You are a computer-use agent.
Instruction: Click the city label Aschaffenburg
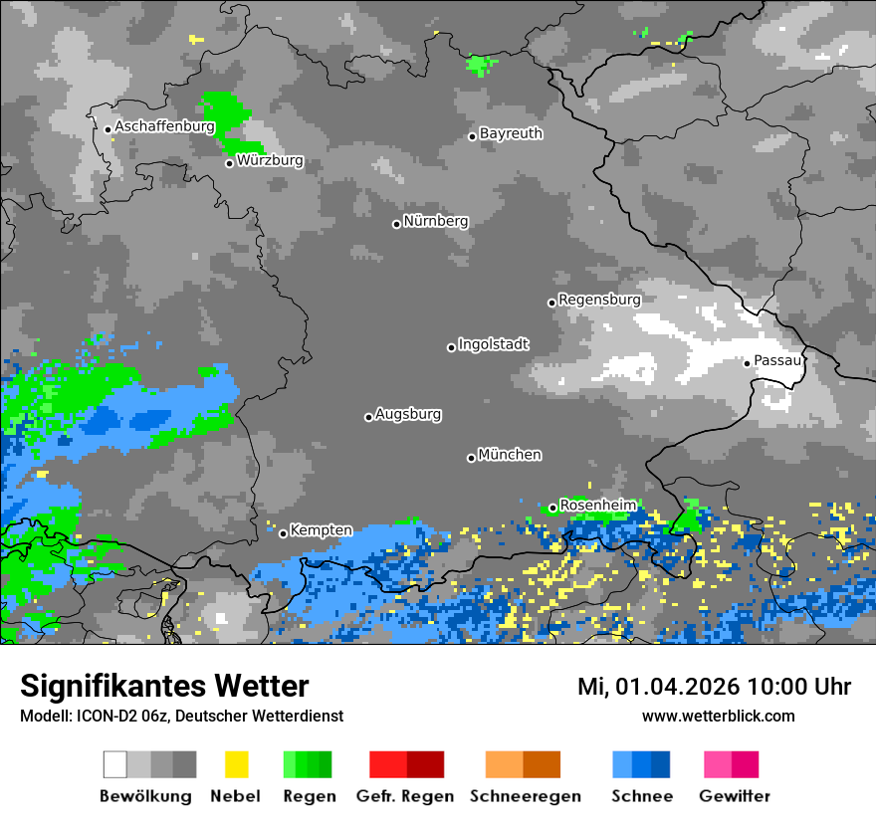(164, 126)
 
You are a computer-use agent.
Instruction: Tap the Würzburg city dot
(229, 163)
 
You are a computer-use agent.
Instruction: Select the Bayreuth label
(511, 133)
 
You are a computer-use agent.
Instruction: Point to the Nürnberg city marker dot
(396, 224)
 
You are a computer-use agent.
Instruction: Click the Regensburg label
(599, 299)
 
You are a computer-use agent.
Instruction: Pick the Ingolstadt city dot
(451, 347)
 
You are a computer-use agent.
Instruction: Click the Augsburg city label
(408, 414)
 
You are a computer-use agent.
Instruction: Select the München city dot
(471, 458)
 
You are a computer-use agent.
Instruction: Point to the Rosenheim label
(597, 505)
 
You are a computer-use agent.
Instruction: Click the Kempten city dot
(283, 533)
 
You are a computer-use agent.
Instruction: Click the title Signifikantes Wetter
(164, 686)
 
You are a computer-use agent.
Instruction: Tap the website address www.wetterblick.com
(718, 716)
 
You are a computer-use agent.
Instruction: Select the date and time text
(714, 687)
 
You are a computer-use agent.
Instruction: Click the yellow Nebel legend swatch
(236, 764)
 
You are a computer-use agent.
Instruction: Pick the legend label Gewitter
(735, 796)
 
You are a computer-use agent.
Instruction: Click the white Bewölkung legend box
(115, 764)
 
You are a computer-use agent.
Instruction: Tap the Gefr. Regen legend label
(405, 796)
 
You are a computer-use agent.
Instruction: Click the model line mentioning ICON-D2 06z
(181, 716)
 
